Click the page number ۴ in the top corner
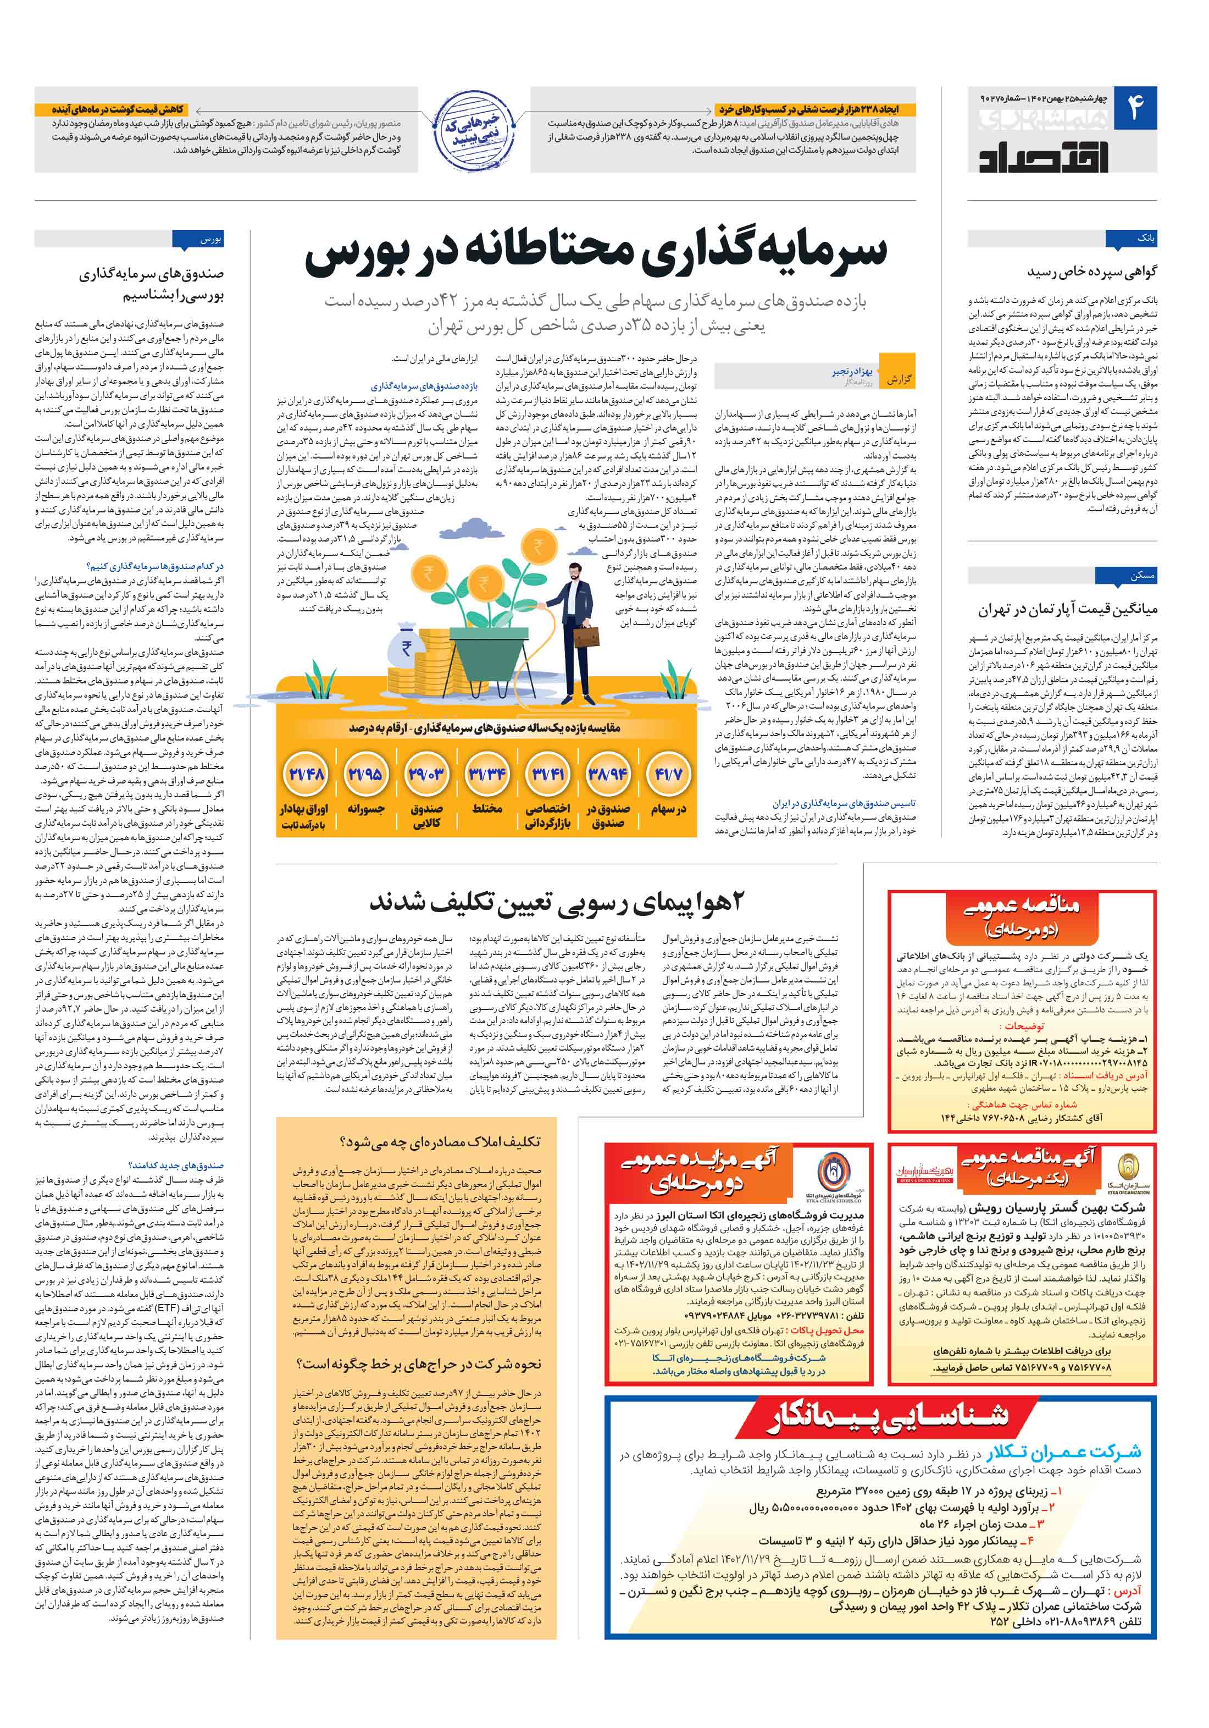(1134, 108)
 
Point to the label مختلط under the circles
(487, 808)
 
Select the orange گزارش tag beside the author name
(897, 379)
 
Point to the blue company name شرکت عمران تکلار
(1064, 1453)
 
